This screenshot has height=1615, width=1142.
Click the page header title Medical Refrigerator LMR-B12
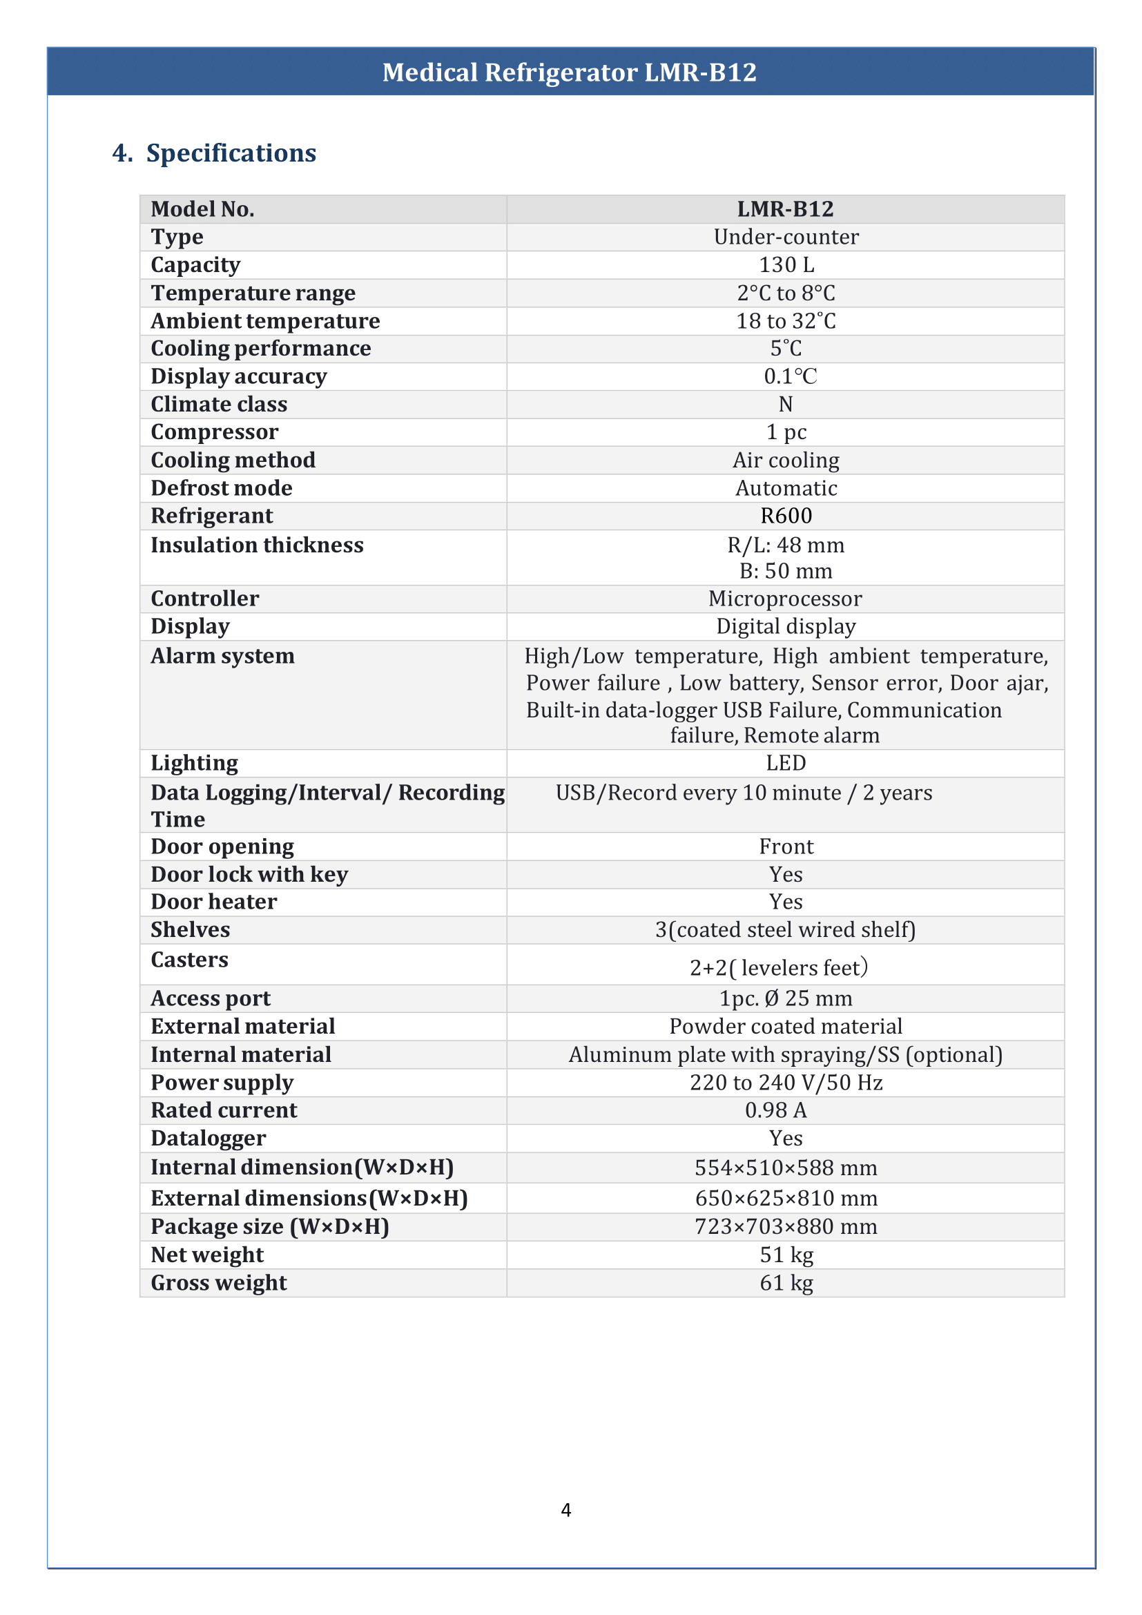[569, 72]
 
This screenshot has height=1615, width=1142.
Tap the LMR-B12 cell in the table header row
[785, 209]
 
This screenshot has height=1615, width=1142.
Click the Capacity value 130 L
[786, 265]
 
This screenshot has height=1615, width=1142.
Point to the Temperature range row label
[253, 293]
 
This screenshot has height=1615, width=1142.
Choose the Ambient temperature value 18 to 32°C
[786, 321]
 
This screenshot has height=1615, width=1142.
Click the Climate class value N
[786, 405]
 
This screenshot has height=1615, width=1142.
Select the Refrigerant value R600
[786, 516]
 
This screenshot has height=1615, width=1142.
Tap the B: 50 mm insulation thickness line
[786, 571]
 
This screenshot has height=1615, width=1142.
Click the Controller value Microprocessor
[785, 599]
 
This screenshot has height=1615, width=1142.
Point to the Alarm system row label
[222, 655]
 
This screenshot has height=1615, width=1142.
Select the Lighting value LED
[786, 763]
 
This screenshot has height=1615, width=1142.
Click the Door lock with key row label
[249, 874]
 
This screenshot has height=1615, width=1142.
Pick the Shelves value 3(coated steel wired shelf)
[785, 930]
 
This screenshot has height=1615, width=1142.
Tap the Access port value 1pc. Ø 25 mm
[785, 998]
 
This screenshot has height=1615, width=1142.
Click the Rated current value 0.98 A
[775, 1110]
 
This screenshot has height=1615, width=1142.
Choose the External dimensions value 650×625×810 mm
[786, 1198]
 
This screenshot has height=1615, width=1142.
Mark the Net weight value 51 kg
[786, 1255]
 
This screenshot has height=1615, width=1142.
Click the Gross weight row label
[218, 1283]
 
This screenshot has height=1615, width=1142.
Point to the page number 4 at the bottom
[565, 1510]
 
